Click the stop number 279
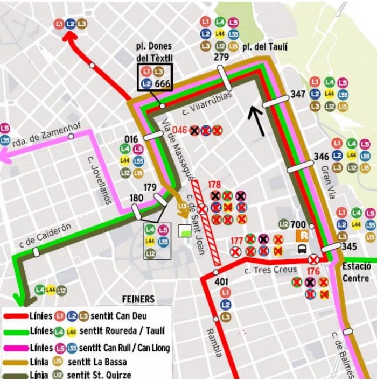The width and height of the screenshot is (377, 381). point(221,57)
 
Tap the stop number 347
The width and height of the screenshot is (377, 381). point(298,94)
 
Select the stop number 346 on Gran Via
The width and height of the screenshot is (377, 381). point(322,157)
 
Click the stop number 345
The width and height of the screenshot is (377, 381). point(349,247)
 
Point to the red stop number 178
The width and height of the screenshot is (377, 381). point(214,184)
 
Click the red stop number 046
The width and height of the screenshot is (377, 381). point(179,130)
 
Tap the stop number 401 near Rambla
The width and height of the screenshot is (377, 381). point(221,281)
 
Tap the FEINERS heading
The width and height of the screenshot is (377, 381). point(138,299)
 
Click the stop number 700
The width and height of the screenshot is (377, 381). point(298,224)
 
